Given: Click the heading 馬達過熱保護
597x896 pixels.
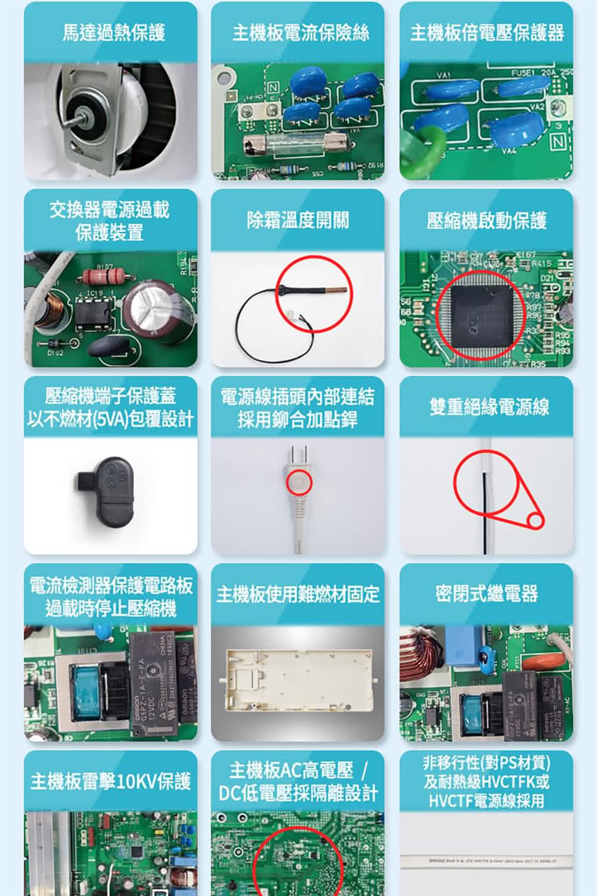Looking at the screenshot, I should tap(113, 32).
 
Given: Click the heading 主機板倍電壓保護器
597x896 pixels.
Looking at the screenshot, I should tap(486, 32).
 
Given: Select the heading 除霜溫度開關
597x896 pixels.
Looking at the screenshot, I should tap(297, 220).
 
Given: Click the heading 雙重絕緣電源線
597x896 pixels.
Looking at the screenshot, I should tap(489, 407).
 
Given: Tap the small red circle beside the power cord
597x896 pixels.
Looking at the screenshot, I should tap(535, 520).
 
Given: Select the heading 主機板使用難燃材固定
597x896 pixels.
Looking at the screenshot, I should tap(297, 594).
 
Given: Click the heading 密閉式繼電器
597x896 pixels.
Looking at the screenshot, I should tap(486, 594).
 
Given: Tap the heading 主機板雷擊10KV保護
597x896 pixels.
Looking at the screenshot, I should tap(111, 782).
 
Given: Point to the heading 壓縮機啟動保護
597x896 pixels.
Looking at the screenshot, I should tap(486, 220).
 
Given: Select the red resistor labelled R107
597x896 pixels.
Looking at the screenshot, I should tap(104, 276).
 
